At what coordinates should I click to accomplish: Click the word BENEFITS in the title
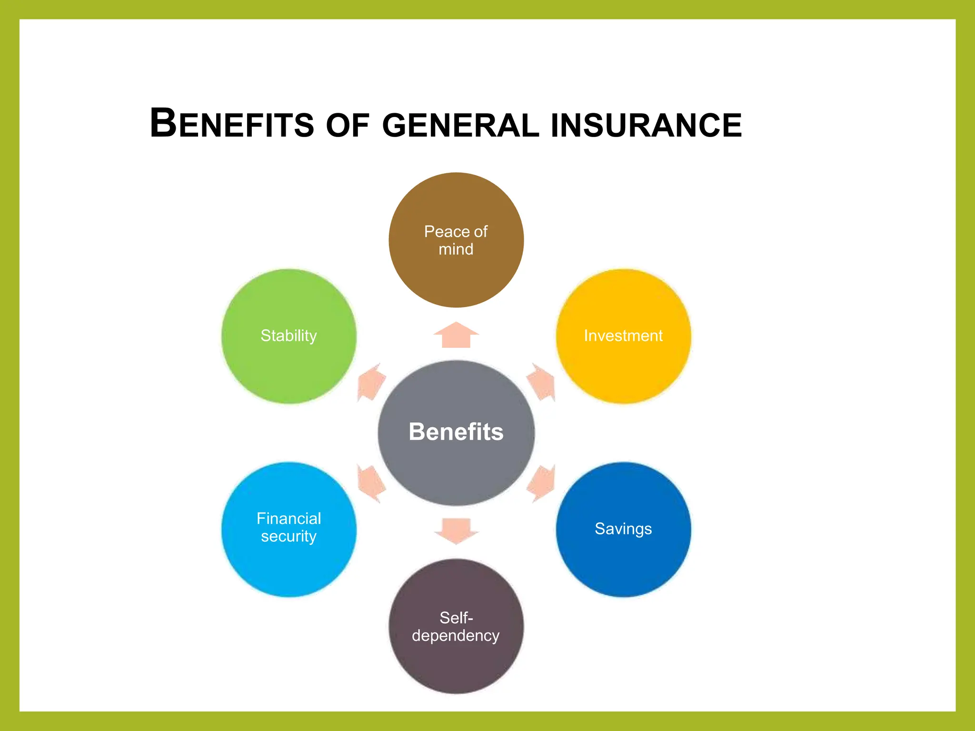(232, 124)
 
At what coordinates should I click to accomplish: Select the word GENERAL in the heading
(460, 125)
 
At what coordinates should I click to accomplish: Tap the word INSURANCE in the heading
(646, 125)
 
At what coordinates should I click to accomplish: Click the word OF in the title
(348, 125)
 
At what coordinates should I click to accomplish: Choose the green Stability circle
(289, 366)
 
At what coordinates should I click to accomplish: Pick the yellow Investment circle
(623, 366)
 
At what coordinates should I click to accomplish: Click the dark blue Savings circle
(623, 562)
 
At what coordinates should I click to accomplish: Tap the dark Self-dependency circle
(456, 662)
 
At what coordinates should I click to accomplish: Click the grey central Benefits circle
(456, 466)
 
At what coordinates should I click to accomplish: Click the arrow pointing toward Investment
(542, 382)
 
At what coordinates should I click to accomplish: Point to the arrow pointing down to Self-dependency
(456, 530)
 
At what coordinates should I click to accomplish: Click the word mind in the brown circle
(456, 249)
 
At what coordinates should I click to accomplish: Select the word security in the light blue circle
(289, 536)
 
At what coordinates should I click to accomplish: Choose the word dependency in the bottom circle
(456, 636)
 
